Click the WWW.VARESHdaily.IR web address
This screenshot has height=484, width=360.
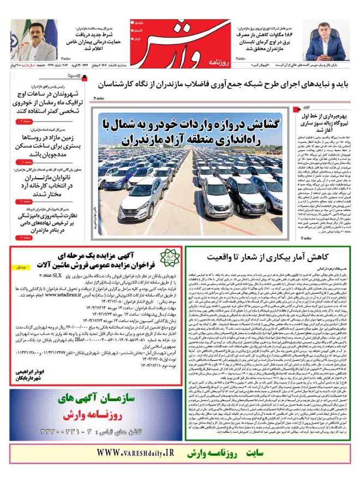133,453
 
